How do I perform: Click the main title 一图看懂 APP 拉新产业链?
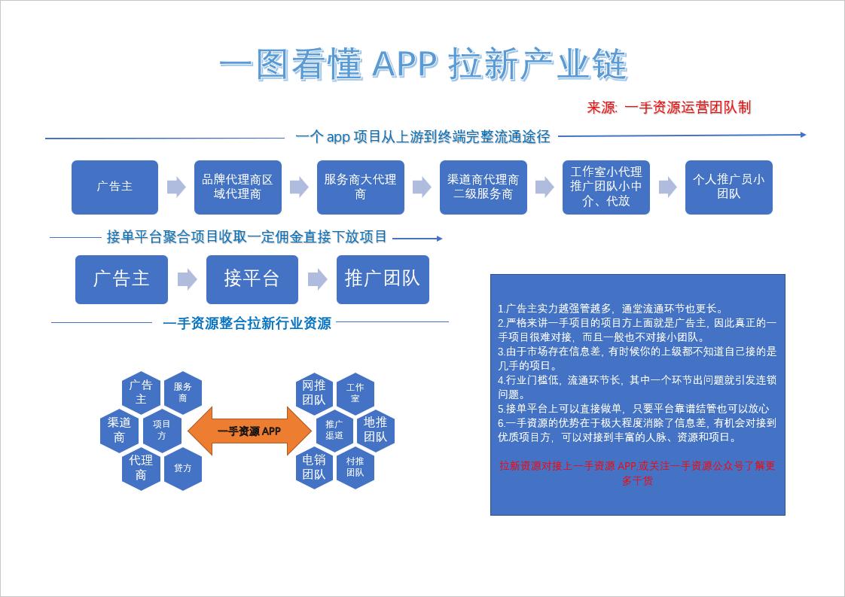coord(423,66)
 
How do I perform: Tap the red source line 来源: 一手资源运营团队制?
coord(669,107)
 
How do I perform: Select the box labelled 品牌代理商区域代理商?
coord(237,187)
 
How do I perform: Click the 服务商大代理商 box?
coord(360,187)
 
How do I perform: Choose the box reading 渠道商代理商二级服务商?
coord(483,187)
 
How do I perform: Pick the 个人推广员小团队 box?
coord(728,187)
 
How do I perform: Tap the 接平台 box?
coord(252,279)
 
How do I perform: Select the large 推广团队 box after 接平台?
coord(383,279)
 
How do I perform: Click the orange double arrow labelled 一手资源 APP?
coord(249,431)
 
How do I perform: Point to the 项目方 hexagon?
coord(162,430)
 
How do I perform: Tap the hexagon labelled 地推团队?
coord(375,430)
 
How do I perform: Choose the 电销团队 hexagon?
coord(314,467)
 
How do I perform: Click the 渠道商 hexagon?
coord(120,430)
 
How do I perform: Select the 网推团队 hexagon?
coord(314,393)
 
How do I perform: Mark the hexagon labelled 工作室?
coord(355,393)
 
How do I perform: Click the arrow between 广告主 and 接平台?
coord(187,279)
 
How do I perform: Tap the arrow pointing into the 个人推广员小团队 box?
coord(667,187)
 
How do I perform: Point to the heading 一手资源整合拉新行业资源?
coord(246,324)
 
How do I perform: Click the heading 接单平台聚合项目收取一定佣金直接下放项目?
coord(246,238)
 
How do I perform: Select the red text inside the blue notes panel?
coord(637,473)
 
